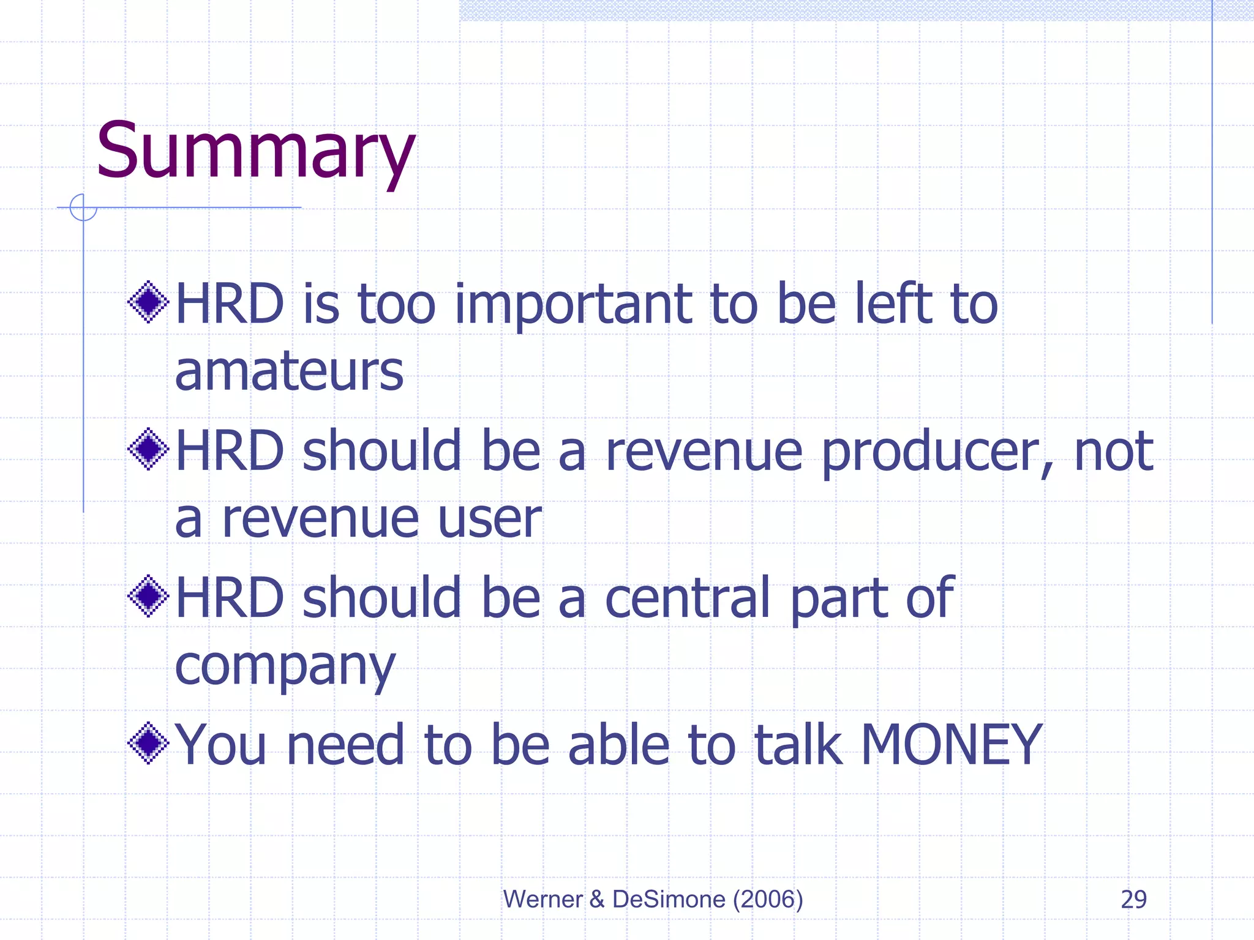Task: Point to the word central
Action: click(x=688, y=598)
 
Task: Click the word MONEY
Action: click(x=951, y=745)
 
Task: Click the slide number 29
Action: click(x=1133, y=899)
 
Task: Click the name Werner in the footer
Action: click(x=543, y=899)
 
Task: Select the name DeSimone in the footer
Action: click(x=669, y=899)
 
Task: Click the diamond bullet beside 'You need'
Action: click(x=148, y=743)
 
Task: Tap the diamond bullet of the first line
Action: click(x=148, y=302)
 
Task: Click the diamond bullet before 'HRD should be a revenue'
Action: click(x=148, y=449)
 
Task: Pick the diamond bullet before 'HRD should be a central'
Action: click(x=148, y=596)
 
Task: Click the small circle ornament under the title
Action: click(x=83, y=207)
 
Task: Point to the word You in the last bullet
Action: click(x=220, y=745)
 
